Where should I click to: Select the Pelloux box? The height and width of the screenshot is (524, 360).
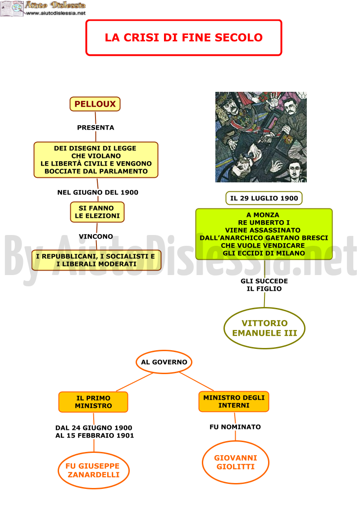pyautogui.click(x=95, y=104)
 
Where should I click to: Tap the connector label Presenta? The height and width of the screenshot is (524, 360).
pyautogui.click(x=96, y=127)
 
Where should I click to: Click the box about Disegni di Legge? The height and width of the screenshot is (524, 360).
pyautogui.click(x=96, y=160)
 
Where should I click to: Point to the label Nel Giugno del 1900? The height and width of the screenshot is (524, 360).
pyautogui.click(x=98, y=192)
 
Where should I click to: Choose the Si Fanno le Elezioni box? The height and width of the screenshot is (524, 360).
pyautogui.click(x=97, y=212)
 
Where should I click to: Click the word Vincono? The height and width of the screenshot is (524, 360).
pyautogui.click(x=96, y=236)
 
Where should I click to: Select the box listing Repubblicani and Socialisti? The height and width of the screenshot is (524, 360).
pyautogui.click(x=96, y=260)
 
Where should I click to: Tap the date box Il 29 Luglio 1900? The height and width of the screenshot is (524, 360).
pyautogui.click(x=264, y=198)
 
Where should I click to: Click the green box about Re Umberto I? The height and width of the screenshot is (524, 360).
pyautogui.click(x=264, y=234)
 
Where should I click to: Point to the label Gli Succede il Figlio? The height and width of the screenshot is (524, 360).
pyautogui.click(x=264, y=285)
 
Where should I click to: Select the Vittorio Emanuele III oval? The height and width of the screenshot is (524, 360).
pyautogui.click(x=264, y=328)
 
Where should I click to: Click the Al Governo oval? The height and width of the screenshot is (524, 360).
pyautogui.click(x=164, y=362)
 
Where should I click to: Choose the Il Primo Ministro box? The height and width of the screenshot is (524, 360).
pyautogui.click(x=93, y=402)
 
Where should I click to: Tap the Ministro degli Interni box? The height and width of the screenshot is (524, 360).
pyautogui.click(x=234, y=402)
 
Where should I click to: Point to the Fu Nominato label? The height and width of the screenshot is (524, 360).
pyautogui.click(x=235, y=427)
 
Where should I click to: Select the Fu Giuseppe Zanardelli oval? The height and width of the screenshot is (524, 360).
pyautogui.click(x=94, y=470)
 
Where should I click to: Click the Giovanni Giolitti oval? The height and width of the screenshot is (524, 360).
pyautogui.click(x=236, y=462)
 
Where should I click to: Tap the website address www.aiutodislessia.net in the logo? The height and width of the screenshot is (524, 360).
pyautogui.click(x=56, y=13)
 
